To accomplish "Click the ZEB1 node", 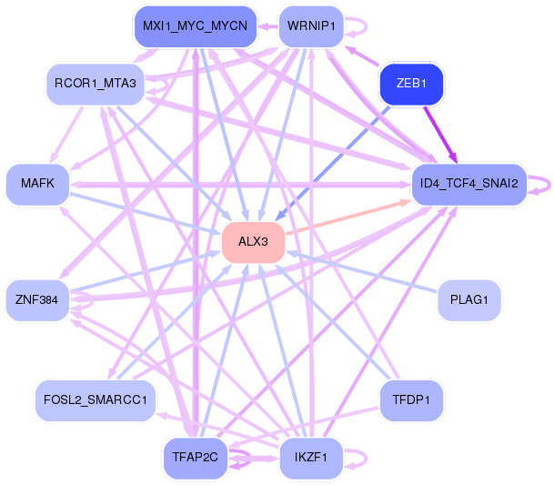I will coord(411,84).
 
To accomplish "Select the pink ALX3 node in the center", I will coord(254,241).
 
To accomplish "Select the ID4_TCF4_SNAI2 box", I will coord(468,184).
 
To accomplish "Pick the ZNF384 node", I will coord(37,298).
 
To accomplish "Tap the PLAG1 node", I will coord(468,298).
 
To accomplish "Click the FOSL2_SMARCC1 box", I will coord(95,399).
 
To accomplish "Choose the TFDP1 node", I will coord(411,399).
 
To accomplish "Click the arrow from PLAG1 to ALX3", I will coord(364,271).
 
